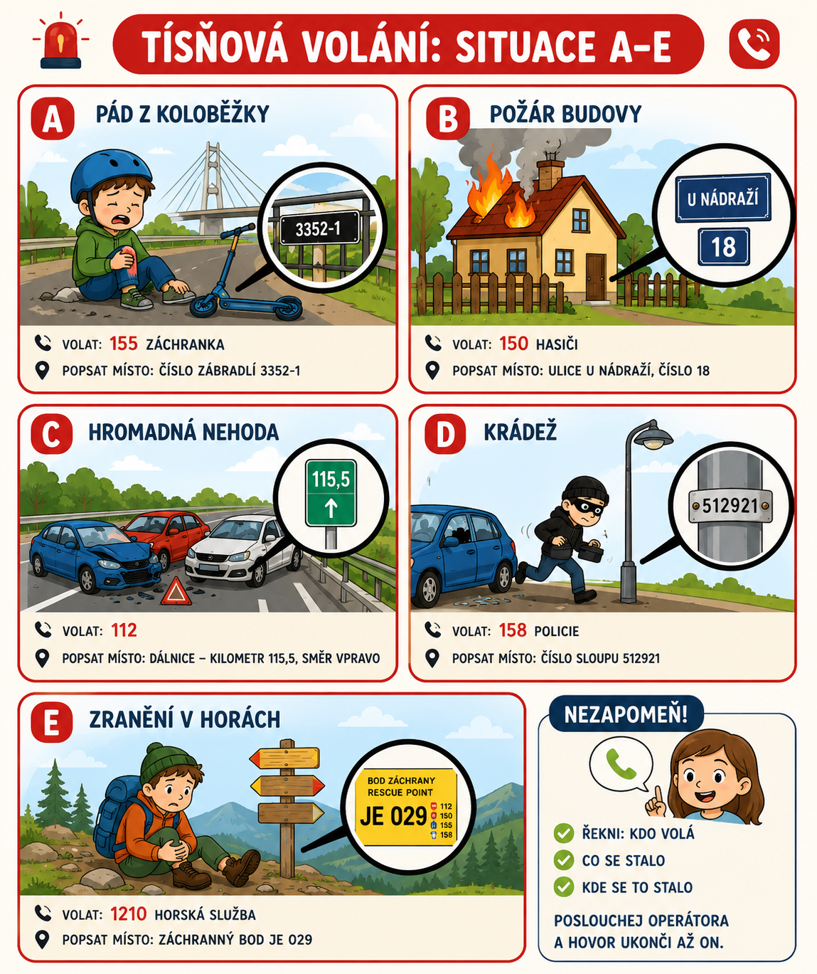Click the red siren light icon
point(60,44)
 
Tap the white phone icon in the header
point(754,44)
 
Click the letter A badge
point(52,119)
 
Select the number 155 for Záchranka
point(124,344)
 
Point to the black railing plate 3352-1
point(320,228)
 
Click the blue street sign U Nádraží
point(723,198)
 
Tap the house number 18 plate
point(724,247)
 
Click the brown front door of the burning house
point(596,277)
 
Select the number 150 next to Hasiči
point(513,344)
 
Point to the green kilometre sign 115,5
point(331,493)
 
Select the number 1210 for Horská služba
point(129,914)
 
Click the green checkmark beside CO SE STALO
point(564,859)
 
